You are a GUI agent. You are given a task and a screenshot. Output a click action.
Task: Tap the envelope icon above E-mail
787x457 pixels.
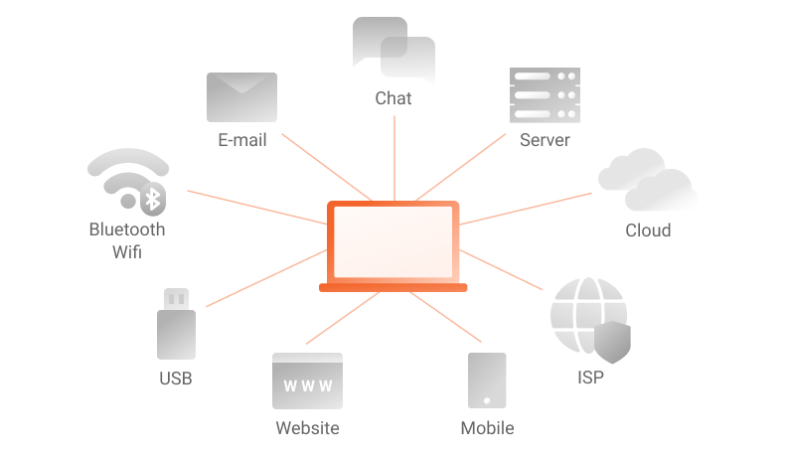tap(241, 96)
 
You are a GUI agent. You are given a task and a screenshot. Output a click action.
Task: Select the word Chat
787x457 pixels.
tap(393, 98)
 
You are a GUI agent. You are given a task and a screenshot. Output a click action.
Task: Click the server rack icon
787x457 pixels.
tap(546, 95)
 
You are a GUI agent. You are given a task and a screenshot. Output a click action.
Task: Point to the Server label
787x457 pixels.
tap(546, 140)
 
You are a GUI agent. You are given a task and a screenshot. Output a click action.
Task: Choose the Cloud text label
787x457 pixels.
tap(648, 230)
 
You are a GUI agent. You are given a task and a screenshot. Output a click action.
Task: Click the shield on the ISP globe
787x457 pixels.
tap(612, 342)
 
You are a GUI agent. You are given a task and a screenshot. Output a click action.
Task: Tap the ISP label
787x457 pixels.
tap(591, 378)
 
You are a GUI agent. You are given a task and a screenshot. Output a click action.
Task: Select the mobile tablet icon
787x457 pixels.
tap(487, 381)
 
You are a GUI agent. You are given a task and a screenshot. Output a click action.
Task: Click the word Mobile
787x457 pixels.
tap(487, 428)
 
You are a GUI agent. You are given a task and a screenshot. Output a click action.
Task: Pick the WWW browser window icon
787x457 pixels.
tap(308, 381)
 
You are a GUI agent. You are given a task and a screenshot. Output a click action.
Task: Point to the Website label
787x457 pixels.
tap(308, 428)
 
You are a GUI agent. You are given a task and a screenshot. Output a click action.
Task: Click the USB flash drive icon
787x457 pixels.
tap(176, 324)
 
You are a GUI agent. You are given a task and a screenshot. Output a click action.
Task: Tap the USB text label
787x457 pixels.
tap(176, 379)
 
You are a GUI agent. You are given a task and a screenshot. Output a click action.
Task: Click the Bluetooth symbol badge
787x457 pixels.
tap(153, 199)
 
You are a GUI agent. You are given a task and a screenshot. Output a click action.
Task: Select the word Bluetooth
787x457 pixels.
tap(127, 229)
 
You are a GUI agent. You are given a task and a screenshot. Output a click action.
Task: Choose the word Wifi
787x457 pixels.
tap(127, 251)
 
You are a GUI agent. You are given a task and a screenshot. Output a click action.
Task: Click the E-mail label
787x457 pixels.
tap(242, 140)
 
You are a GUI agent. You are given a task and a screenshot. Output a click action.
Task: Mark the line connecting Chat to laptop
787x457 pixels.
tap(394, 159)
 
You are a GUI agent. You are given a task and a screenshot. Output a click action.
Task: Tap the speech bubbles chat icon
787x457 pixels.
tap(394, 50)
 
